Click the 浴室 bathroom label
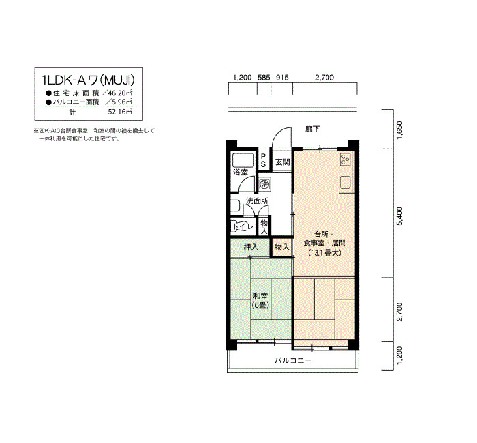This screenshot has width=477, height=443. tap(241, 172)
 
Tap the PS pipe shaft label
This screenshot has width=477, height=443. tap(263, 160)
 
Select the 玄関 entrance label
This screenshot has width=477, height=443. tap(282, 162)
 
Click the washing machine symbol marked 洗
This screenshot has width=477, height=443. tap(265, 184)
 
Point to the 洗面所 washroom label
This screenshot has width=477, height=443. tap(257, 201)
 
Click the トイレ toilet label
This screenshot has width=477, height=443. tap(243, 227)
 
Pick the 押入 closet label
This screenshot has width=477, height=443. tap(251, 247)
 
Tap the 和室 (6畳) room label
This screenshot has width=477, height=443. tap(260, 301)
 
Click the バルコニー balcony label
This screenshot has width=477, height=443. tap(293, 361)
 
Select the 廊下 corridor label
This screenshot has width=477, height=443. tap(312, 129)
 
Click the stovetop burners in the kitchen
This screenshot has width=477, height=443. tap(345, 159)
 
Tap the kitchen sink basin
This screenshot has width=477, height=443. tap(345, 183)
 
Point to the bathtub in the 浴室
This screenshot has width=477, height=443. tap(243, 159)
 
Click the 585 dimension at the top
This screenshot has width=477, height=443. tap(264, 78)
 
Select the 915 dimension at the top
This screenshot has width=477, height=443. tap(282, 78)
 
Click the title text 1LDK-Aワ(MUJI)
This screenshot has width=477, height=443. tap(89, 80)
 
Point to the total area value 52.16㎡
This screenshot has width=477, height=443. tap(120, 112)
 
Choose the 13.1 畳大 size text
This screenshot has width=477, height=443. tap(325, 253)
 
